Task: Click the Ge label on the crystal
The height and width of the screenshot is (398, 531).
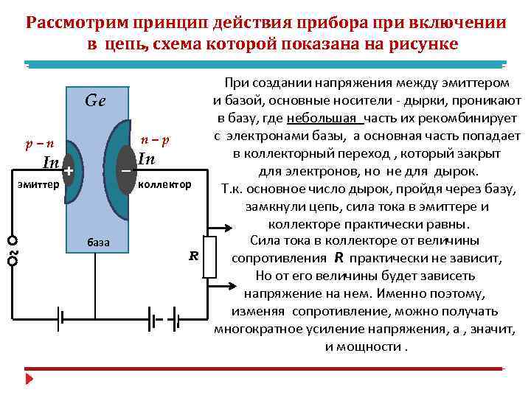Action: [x=95, y=102]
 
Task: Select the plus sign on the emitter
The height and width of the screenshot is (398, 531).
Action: [x=68, y=171]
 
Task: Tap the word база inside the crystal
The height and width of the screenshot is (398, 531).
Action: [x=98, y=242]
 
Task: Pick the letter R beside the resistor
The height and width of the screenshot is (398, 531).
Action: [x=194, y=256]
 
